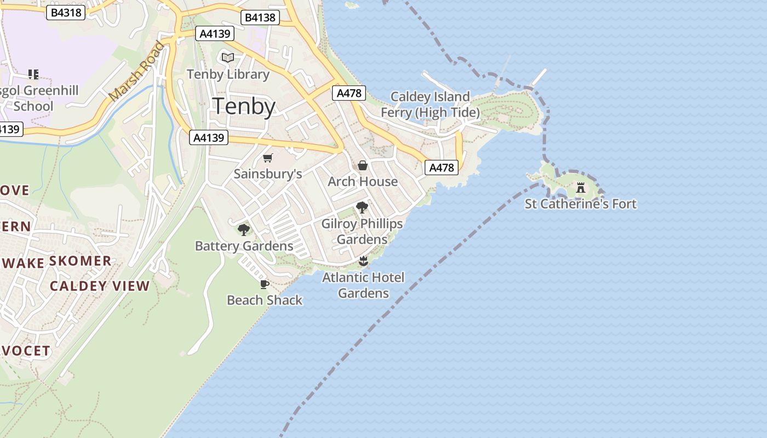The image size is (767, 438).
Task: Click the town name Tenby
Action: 244,106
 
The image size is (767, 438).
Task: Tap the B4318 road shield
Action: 66,13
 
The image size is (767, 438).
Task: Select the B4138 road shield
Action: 260,18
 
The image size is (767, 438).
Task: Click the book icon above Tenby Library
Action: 227,57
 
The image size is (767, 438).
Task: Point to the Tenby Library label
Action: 228,74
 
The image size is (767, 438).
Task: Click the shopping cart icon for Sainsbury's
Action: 267,158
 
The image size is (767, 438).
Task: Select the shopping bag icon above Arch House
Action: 362,165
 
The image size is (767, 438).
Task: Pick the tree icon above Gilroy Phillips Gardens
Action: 362,208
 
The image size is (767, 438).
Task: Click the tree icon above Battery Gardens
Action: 244,230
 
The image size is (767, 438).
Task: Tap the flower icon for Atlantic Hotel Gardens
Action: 363,261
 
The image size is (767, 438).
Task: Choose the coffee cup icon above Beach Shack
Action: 264,284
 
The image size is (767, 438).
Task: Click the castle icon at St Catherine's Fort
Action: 581,188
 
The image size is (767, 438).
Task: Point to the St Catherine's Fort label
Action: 581,204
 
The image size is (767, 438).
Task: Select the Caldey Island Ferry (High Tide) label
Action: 430,105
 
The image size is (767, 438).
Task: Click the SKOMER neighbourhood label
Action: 81,261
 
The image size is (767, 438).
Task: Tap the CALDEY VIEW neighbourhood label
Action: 100,286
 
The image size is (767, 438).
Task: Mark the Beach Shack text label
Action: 265,300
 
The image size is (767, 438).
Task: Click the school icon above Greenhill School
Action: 33,74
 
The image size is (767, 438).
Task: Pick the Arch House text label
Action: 363,181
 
